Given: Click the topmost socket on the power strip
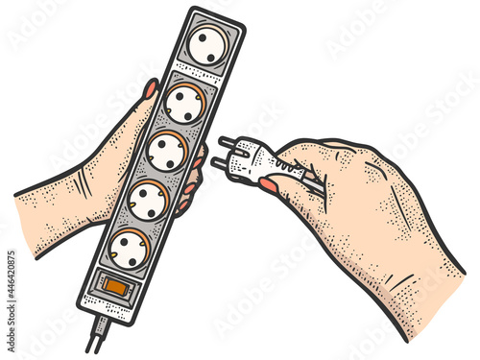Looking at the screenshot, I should point(206,45).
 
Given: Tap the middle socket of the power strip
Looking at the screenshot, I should point(167,152).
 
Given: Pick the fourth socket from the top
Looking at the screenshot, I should point(148,201).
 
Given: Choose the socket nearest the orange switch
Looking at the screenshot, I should point(129,250).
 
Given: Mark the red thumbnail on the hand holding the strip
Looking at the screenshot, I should point(151,89).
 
